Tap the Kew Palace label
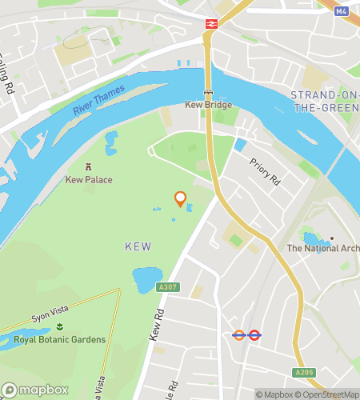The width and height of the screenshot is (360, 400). point(89,180)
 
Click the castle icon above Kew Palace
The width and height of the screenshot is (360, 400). point(89,166)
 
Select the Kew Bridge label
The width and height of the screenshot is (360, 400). point(208,105)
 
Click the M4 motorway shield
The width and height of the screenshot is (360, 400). point(342,11)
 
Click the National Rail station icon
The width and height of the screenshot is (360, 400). point(212,24)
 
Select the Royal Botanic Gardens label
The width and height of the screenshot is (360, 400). point(60,340)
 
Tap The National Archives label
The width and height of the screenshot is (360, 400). point(323,248)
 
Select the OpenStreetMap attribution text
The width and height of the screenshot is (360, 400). point(329,394)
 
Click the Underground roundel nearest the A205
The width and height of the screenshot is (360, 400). point(254,336)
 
